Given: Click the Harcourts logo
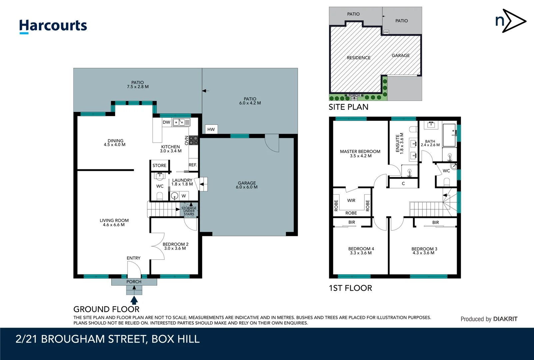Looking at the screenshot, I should (53, 26).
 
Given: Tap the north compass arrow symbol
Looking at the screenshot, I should (511, 21).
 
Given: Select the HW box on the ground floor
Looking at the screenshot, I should (211, 129).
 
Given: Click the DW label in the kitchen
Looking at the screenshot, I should (167, 122).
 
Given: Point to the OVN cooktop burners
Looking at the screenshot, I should (194, 140).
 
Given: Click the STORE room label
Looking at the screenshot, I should (159, 165).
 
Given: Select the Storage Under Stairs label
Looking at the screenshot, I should (189, 211).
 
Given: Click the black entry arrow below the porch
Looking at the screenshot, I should (134, 300).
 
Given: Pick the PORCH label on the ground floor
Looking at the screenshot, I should (134, 282).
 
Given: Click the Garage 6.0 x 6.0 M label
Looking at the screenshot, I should (247, 185).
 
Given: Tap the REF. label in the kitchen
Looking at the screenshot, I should (193, 165).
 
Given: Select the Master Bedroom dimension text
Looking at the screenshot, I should (360, 156).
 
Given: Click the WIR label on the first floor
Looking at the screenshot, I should (351, 200).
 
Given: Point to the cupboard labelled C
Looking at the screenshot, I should (403, 183).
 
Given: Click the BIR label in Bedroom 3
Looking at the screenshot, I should (435, 222).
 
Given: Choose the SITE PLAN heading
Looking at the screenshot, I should (348, 107).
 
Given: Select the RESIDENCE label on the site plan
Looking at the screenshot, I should (358, 58).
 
